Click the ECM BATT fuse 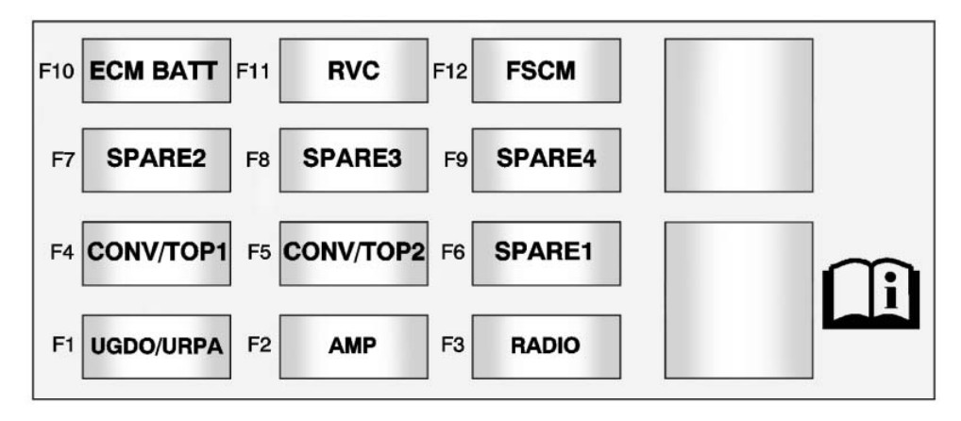[x=157, y=71]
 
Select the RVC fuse [x=354, y=71]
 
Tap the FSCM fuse [x=546, y=71]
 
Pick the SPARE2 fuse [x=157, y=160]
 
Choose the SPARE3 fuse [x=354, y=160]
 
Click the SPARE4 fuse [x=546, y=160]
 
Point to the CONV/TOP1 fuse [x=157, y=253]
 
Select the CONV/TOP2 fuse [x=354, y=253]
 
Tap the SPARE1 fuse [x=546, y=253]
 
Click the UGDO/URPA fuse [x=157, y=345]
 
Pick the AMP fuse [x=354, y=345]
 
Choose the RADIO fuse [x=546, y=345]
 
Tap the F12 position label [x=450, y=71]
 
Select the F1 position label [x=62, y=345]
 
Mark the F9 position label [x=455, y=160]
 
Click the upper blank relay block [x=738, y=115]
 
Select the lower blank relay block [x=738, y=300]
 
